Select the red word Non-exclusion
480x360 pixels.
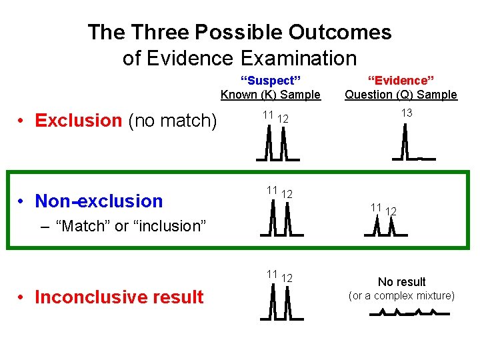click(x=99, y=201)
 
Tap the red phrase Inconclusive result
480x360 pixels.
click(x=119, y=297)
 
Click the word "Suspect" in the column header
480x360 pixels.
click(x=271, y=81)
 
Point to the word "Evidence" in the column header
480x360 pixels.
click(x=401, y=81)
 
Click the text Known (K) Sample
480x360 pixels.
click(x=271, y=95)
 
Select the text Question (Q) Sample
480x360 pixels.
click(x=401, y=95)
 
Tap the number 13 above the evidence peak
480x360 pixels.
click(x=407, y=113)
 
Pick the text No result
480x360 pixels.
click(x=401, y=282)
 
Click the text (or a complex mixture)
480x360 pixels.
click(x=401, y=295)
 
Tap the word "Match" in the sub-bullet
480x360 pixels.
click(x=83, y=226)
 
